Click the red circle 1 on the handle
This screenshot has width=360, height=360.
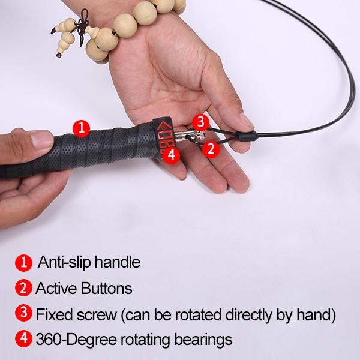81,127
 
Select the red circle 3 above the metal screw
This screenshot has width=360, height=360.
201,122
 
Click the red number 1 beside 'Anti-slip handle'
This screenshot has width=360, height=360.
23,262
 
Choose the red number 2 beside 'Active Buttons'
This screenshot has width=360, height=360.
23,288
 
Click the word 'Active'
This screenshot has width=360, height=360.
55,288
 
